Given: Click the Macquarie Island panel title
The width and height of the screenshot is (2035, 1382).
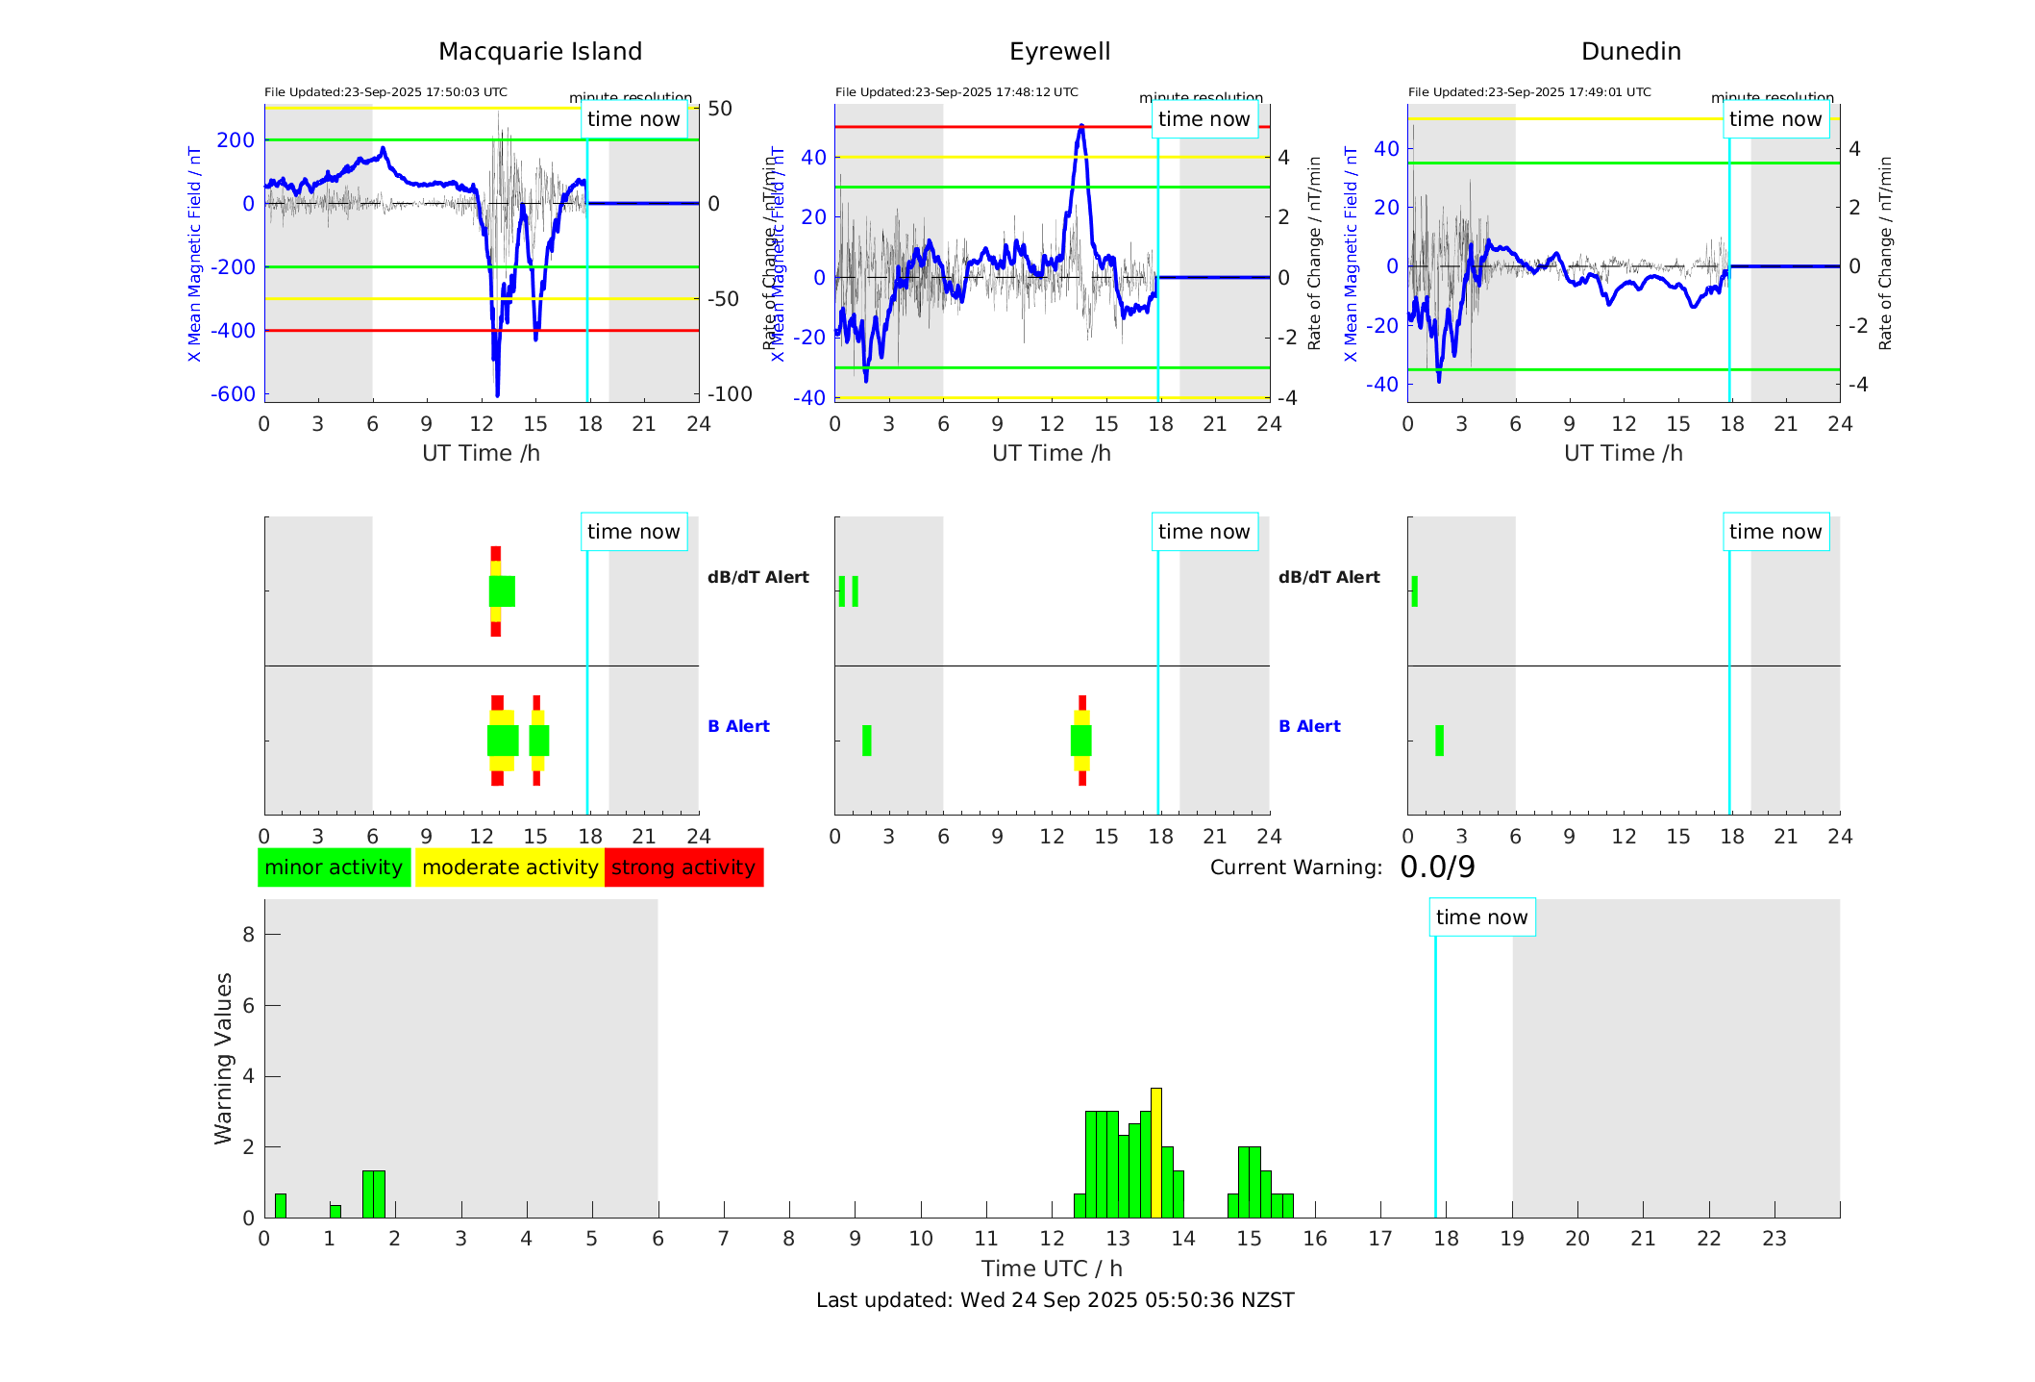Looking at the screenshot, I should tap(539, 52).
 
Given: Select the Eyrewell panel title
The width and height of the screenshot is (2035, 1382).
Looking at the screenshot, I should tap(1059, 52).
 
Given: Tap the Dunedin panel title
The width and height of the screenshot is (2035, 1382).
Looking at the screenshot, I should tap(1630, 52).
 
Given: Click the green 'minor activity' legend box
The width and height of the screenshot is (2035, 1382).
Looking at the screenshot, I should tap(334, 867).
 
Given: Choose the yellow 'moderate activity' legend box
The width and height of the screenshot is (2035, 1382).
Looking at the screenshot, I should tap(509, 867).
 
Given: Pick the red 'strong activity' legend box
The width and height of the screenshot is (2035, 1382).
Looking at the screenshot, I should tap(683, 867).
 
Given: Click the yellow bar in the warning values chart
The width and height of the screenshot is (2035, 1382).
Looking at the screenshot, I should tap(1156, 1152).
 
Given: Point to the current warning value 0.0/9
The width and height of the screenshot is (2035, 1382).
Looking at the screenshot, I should tap(1437, 867).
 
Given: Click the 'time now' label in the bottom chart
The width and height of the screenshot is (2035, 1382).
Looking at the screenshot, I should tap(1481, 917).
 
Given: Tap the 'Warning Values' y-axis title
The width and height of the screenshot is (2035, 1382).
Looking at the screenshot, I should tap(224, 1058).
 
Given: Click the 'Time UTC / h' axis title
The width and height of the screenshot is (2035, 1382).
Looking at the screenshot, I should tap(1052, 1269).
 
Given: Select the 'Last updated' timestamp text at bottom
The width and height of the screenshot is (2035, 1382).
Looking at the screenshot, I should tap(1055, 1300).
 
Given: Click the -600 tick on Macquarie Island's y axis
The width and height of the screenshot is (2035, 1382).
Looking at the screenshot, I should tap(234, 394).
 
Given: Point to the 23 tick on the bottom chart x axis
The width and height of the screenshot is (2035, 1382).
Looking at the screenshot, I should tap(1774, 1239).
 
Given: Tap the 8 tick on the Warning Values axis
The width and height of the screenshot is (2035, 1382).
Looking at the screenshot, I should tap(248, 935).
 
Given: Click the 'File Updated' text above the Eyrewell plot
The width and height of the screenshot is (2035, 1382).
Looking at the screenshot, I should tap(956, 92).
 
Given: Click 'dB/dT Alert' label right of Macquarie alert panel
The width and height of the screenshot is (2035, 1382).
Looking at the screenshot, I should tap(758, 577).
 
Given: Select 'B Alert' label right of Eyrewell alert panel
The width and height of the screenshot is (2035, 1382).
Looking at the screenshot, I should tap(1309, 726).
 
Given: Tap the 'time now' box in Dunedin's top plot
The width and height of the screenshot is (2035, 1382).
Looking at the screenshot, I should tap(1774, 119).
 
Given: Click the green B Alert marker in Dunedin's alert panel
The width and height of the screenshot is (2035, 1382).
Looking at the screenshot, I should tap(1439, 741).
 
